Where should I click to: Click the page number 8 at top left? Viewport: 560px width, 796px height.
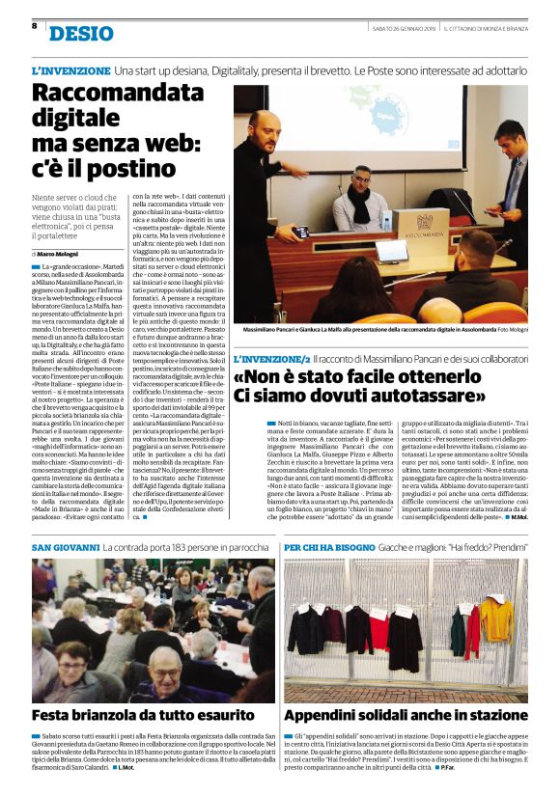[34, 26]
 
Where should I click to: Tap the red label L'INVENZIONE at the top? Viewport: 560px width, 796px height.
[70, 71]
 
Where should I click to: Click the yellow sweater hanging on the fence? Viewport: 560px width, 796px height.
[498, 617]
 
